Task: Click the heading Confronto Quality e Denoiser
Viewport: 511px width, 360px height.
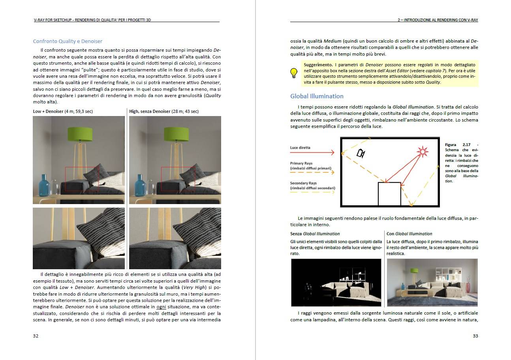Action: click(x=68, y=41)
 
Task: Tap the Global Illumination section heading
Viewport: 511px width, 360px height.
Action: click(x=317, y=96)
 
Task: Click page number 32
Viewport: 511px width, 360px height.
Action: click(x=36, y=336)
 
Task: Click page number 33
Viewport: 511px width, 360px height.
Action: click(x=475, y=336)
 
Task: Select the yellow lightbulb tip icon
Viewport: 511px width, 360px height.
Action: click(x=294, y=73)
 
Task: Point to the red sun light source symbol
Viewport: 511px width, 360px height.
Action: click(x=423, y=151)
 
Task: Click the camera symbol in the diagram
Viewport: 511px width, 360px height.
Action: click(x=361, y=153)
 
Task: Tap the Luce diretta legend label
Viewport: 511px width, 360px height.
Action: click(x=300, y=148)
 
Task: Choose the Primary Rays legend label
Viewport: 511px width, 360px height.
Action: click(x=301, y=163)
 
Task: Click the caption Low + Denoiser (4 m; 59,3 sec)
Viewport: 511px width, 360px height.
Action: click(x=63, y=111)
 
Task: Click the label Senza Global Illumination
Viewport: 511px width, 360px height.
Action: click(x=315, y=234)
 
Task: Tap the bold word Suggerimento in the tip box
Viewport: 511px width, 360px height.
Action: click(x=318, y=64)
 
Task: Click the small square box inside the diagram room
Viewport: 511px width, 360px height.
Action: click(x=389, y=194)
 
